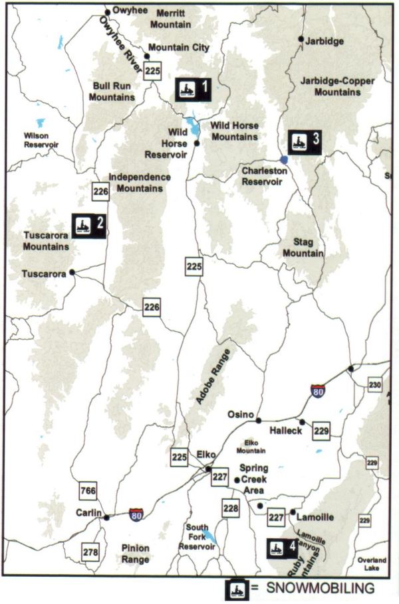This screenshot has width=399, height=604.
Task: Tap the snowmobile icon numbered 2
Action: click(88, 224)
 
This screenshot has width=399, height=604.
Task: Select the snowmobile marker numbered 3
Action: click(305, 141)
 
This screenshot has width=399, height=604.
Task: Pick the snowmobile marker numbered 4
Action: click(282, 548)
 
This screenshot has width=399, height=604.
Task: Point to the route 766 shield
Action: click(87, 491)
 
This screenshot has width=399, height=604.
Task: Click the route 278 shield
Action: click(91, 551)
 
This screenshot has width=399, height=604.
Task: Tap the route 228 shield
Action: click(230, 508)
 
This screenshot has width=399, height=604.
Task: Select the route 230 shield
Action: click(374, 386)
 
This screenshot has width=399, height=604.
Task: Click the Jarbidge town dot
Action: click(301, 39)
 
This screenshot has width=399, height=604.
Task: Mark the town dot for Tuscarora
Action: click(72, 271)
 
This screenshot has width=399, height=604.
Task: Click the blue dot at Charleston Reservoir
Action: click(284, 159)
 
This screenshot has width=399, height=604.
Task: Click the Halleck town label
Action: click(286, 431)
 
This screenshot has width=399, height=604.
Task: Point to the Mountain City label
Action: click(178, 48)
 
